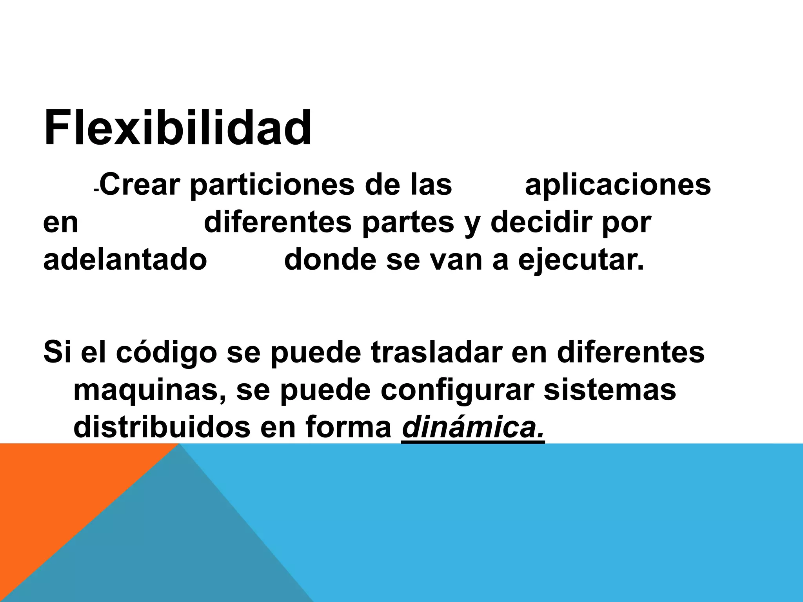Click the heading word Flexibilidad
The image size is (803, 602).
pos(178,128)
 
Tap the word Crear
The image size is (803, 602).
pos(142,185)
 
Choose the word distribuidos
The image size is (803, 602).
pos(162,427)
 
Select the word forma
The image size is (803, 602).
pos(349,427)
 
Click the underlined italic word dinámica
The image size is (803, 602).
pos(473,428)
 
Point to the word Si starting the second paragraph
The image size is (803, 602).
pos(57,352)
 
